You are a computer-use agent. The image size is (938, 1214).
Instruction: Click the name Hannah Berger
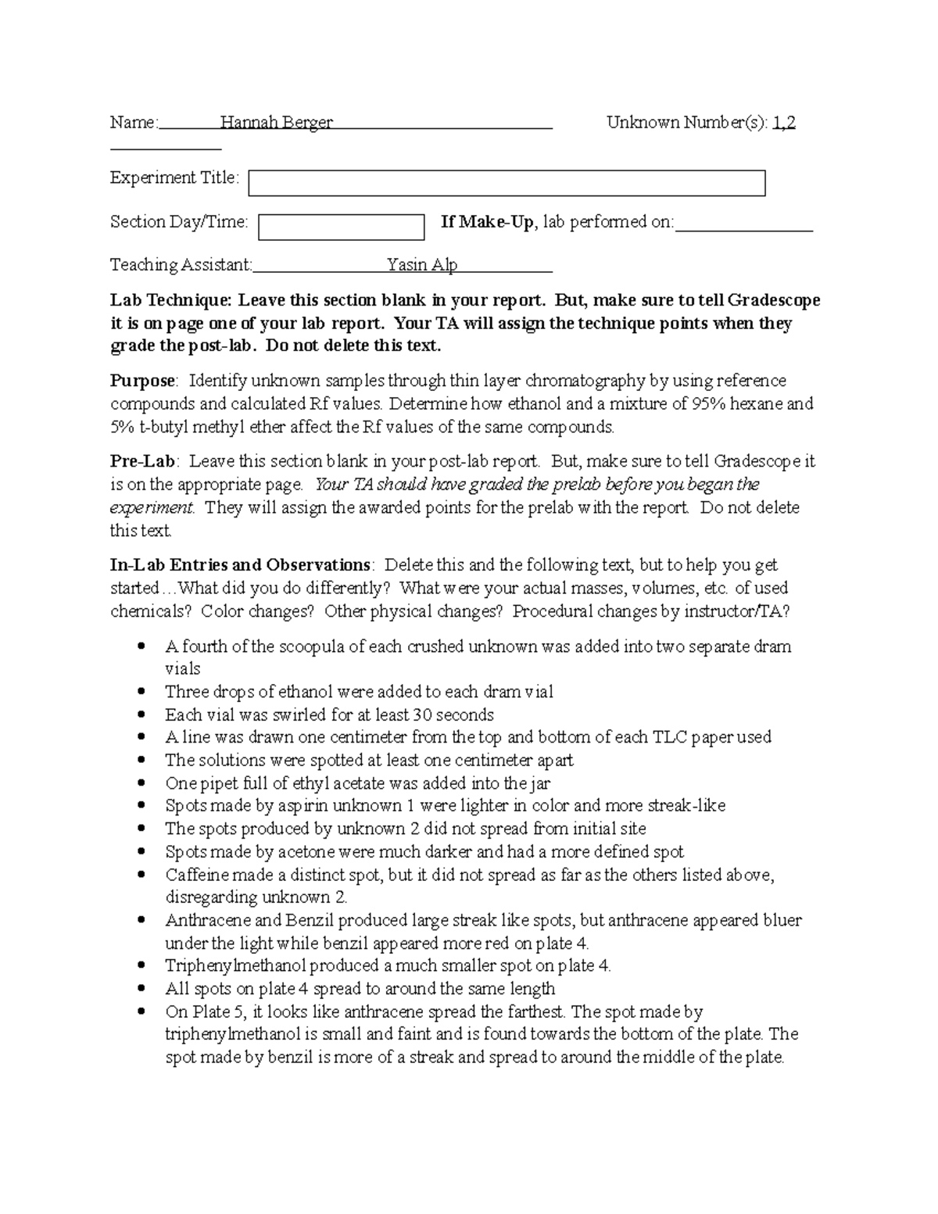(x=276, y=123)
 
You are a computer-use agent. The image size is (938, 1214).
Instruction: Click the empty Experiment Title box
(x=507, y=183)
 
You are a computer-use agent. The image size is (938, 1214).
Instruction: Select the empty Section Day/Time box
(x=341, y=227)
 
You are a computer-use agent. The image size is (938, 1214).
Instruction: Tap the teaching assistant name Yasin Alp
(x=422, y=265)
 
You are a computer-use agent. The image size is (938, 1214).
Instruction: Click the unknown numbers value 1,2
(x=784, y=123)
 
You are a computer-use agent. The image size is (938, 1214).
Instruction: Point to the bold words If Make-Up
(x=488, y=222)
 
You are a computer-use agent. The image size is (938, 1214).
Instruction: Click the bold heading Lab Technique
(x=170, y=300)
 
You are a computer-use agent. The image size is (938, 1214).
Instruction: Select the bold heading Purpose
(x=143, y=381)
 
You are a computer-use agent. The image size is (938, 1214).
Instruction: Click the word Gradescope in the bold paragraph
(x=774, y=300)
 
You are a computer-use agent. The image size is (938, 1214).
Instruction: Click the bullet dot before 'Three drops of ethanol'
(x=141, y=692)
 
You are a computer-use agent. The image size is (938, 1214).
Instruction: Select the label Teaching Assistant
(x=181, y=265)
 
